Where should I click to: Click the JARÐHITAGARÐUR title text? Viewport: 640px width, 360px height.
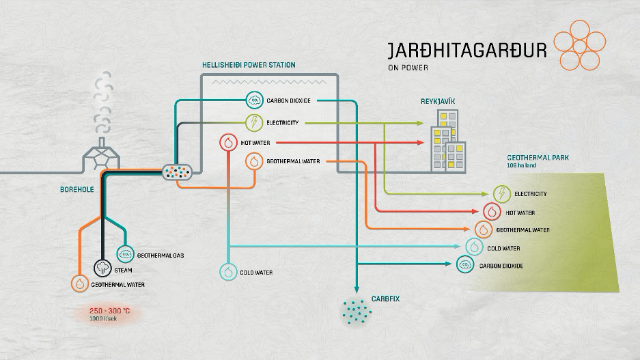coord(467,52)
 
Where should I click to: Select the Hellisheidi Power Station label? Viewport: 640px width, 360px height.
coord(249,65)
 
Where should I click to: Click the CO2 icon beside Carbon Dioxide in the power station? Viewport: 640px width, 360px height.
coord(255,100)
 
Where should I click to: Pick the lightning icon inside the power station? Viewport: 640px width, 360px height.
coord(255,123)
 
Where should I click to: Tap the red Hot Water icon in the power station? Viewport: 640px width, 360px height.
coord(228,143)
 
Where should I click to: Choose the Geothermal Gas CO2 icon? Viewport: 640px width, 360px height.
coord(126,253)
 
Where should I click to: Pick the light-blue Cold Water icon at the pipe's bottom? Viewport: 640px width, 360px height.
coord(228,272)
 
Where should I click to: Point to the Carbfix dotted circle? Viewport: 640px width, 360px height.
coord(356,311)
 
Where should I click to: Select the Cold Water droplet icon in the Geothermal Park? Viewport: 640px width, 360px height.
coord(474,247)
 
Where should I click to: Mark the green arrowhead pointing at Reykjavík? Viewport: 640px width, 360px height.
coord(419,124)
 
